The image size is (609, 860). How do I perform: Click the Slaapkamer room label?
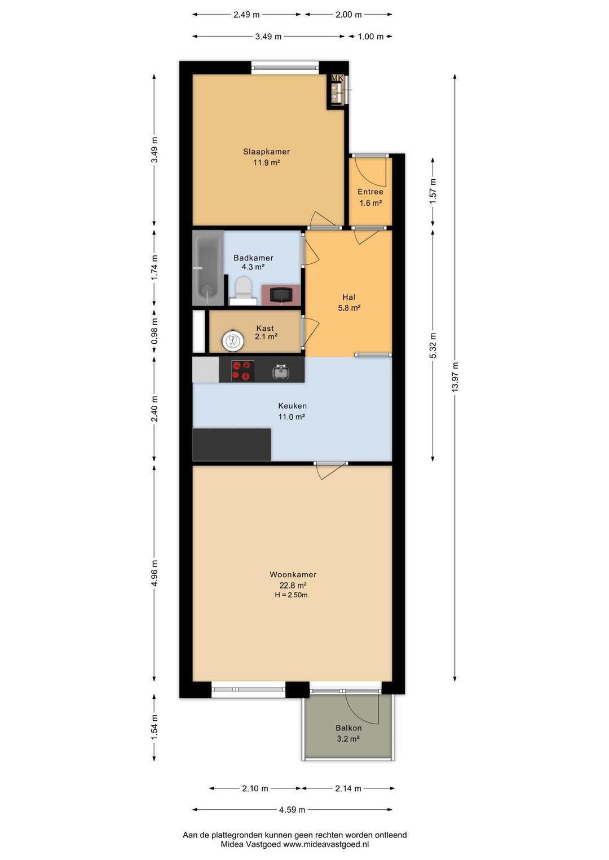click(266, 152)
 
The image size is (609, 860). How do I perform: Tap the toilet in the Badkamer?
click(243, 291)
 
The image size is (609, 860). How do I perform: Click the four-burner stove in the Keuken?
click(243, 370)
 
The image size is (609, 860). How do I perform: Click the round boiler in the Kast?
click(232, 340)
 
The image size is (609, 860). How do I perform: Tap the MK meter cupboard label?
click(337, 78)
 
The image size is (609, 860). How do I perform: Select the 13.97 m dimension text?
click(455, 377)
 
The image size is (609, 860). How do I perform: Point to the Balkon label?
click(348, 728)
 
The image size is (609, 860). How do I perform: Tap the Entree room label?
click(370, 192)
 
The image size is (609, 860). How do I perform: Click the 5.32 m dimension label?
click(433, 345)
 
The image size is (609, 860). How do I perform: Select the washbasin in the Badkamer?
click(281, 295)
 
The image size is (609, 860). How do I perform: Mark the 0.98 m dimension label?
click(155, 331)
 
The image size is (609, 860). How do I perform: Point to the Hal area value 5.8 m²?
click(349, 308)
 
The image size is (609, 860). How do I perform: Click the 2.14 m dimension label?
click(348, 788)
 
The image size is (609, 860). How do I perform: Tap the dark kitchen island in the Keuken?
click(232, 445)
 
